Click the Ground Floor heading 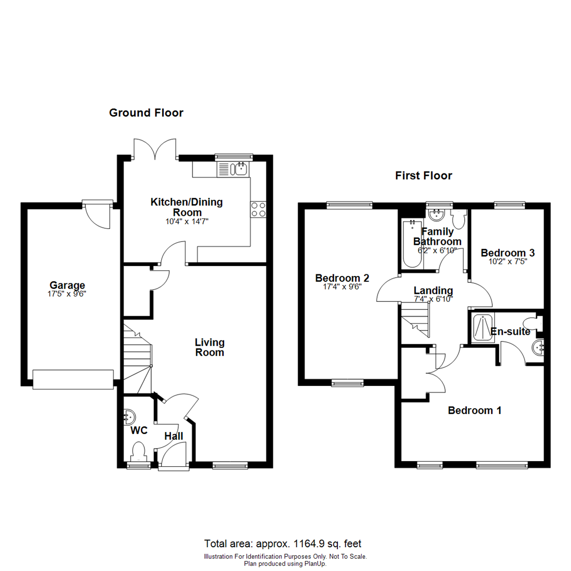coord(146,113)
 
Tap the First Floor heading coord(423,176)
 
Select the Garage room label coord(67,285)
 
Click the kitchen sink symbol coord(240,169)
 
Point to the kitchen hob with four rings coord(258,209)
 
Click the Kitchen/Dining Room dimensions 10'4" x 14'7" coord(187,222)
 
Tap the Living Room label coord(210,347)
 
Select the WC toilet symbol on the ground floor coord(139,453)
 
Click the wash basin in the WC coord(129,417)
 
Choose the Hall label coord(173,436)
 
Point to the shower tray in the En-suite coord(482,328)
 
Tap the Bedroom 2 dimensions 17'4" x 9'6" coord(342,288)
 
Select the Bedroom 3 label coord(504,253)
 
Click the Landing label coord(433,290)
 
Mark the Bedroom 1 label coord(474,410)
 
